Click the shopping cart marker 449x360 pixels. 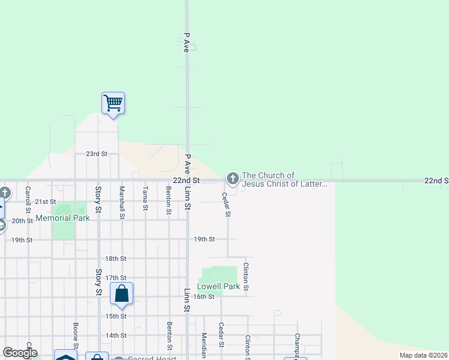point(113,103)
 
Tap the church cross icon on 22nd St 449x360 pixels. point(232,178)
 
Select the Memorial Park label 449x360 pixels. point(62,218)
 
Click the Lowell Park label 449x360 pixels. point(218,287)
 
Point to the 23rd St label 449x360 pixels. point(96,154)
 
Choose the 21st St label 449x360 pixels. point(45,202)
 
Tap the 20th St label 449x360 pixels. point(22,221)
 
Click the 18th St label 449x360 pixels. point(116,259)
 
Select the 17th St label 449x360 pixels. point(116,278)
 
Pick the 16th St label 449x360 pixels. point(203,296)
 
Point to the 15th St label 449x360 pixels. point(116,316)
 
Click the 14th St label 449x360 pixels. point(116,335)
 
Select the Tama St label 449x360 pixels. point(145,199)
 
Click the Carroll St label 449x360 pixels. point(28,200)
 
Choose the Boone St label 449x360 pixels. point(76,336)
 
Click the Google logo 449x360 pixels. point(20,353)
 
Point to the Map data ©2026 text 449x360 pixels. point(423,355)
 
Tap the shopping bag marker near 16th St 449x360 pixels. point(122,294)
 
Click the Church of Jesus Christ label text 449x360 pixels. point(285,179)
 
